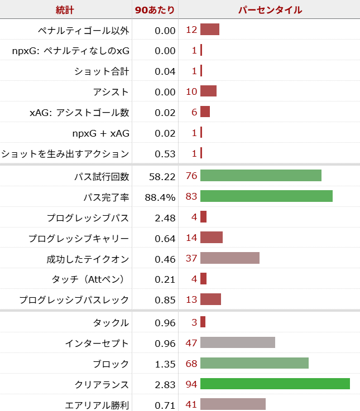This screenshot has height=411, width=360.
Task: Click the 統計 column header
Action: coord(65,10)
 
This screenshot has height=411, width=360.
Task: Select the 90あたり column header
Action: coord(155,10)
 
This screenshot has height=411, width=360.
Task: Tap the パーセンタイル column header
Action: coord(270,10)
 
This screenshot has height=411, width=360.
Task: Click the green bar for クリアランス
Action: coord(275,384)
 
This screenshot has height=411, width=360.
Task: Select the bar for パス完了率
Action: coord(266,196)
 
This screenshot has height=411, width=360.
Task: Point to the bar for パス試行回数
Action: coord(261,176)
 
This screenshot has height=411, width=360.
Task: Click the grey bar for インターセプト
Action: coord(238,342)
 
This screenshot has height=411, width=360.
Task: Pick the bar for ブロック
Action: coord(254,363)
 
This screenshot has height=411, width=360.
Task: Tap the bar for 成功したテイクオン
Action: coord(230,258)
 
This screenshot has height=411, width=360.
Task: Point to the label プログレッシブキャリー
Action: coord(79,239)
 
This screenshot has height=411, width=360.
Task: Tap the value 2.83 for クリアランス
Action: coord(165,384)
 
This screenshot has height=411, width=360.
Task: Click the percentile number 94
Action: coord(191,384)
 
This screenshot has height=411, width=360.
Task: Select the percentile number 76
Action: coord(191,176)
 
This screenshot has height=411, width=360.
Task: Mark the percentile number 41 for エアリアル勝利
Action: coord(191,405)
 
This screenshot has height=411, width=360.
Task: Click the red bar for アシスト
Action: coord(208,91)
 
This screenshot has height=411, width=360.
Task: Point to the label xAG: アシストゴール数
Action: coord(79,113)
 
